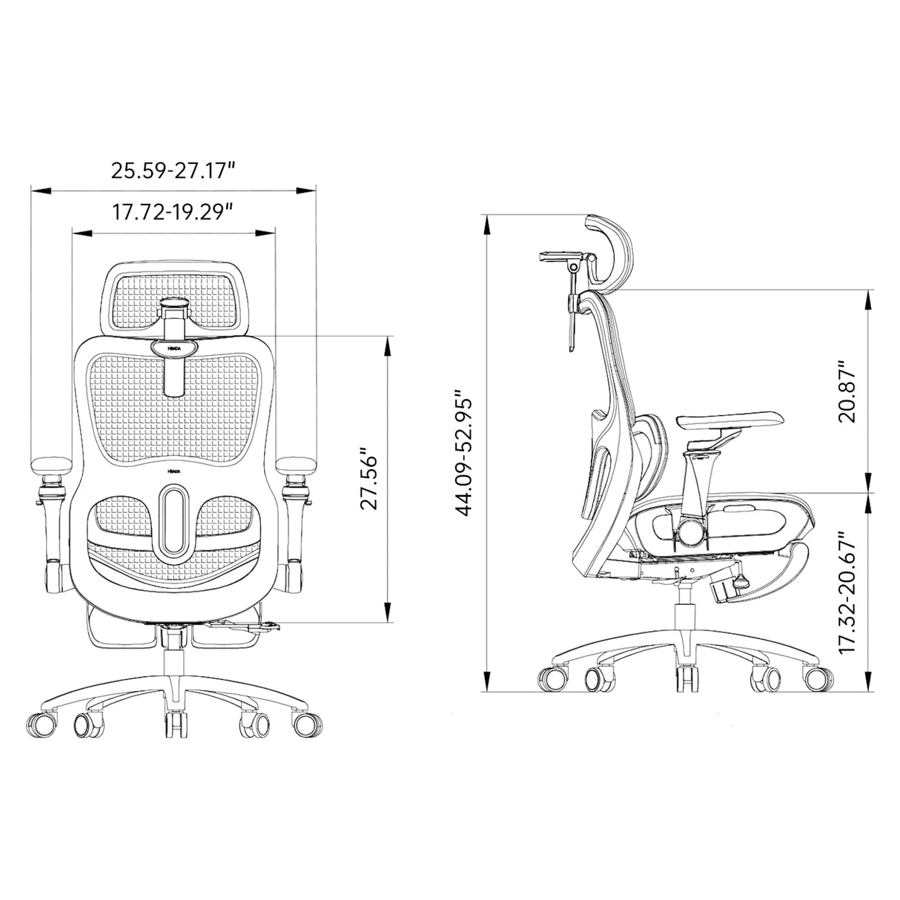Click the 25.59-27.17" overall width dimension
pos(173,171)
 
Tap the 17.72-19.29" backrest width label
pos(173,212)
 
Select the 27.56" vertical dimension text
pos(368,478)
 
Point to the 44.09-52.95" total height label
pos(465,454)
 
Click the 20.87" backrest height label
pos(847,391)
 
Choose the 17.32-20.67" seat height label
pos(847,592)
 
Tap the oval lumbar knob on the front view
pos(174,519)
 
